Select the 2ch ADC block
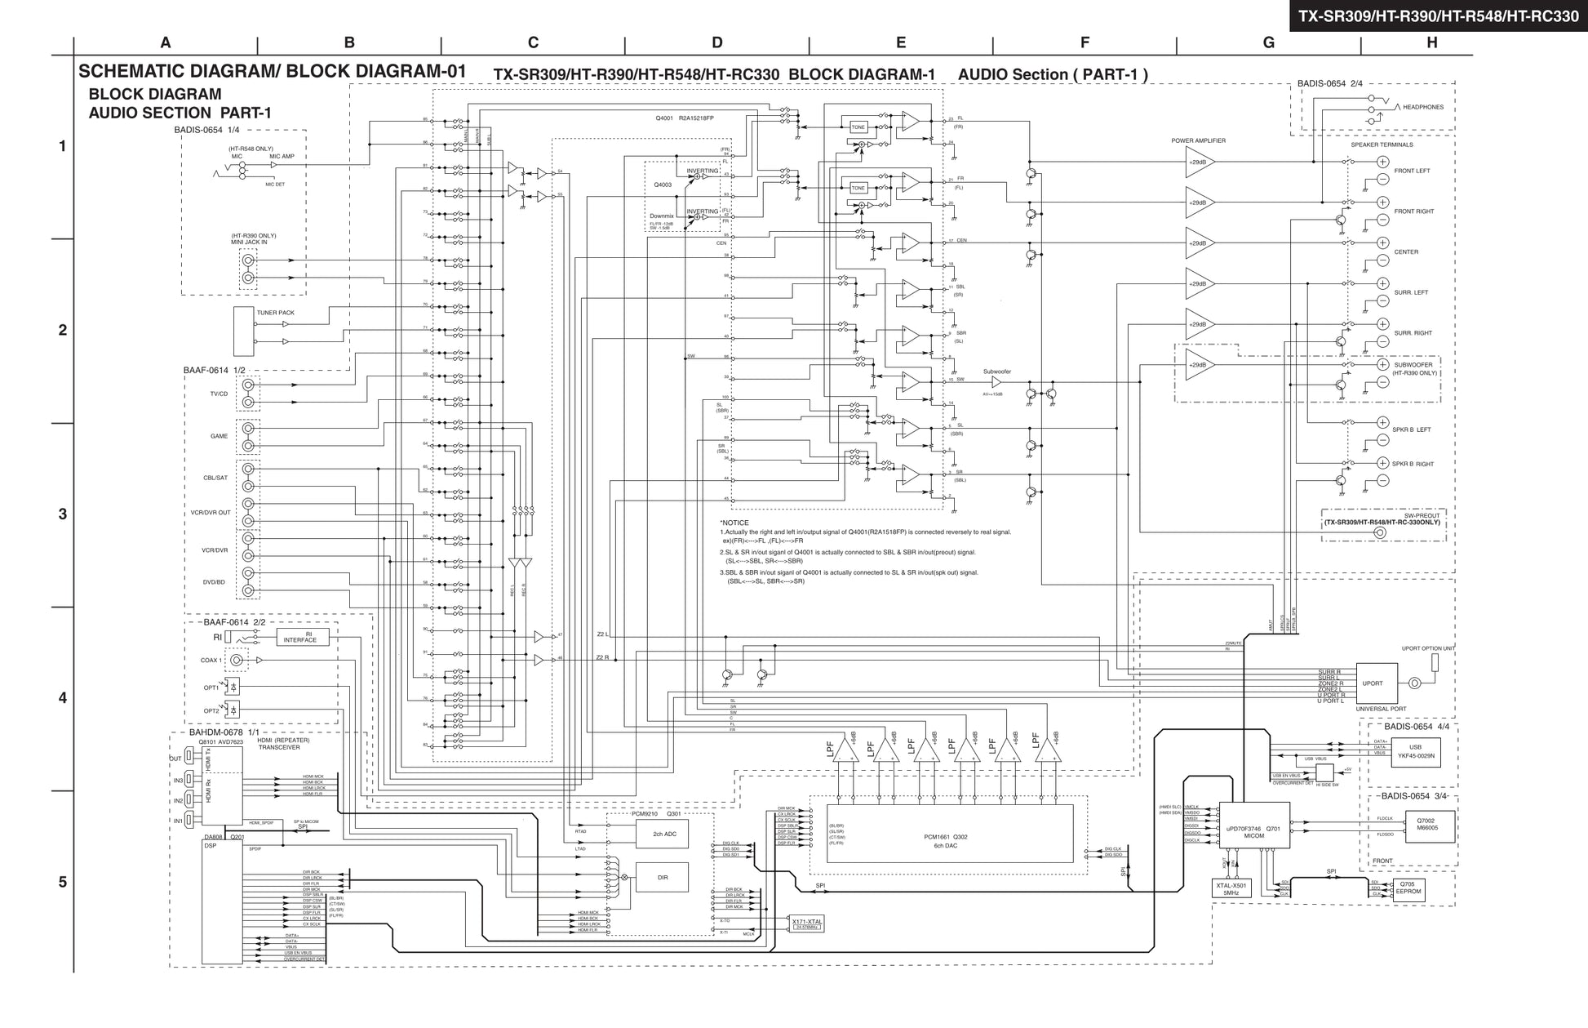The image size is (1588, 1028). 662,834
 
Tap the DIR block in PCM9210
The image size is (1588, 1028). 662,878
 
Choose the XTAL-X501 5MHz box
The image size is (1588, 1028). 1231,889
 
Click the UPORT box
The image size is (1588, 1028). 1373,683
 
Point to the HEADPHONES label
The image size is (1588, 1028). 1423,107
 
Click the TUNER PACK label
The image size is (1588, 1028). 276,313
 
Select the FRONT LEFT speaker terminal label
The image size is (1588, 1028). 1412,171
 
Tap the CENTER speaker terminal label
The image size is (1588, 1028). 1406,252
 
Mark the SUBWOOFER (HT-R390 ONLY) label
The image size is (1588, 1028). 1415,369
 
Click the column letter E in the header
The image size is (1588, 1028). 900,43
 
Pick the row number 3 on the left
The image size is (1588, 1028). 62,514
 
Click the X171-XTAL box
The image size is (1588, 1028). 807,923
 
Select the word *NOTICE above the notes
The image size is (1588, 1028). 734,523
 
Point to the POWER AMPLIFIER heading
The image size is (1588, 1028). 1198,141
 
